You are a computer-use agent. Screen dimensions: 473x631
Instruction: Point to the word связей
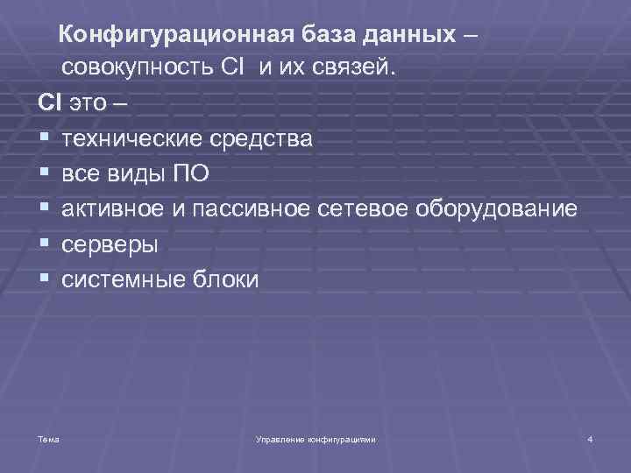(358, 68)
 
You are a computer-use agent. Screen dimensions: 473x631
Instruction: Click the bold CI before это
(46, 102)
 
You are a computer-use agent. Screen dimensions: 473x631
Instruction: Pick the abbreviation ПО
(190, 173)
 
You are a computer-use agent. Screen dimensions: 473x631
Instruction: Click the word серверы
(110, 244)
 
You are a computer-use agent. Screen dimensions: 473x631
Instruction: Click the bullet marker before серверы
(42, 244)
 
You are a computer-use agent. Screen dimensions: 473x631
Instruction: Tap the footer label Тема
(48, 438)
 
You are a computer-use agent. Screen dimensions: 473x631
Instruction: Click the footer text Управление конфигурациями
(314, 438)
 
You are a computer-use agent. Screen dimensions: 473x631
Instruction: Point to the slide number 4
(590, 438)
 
